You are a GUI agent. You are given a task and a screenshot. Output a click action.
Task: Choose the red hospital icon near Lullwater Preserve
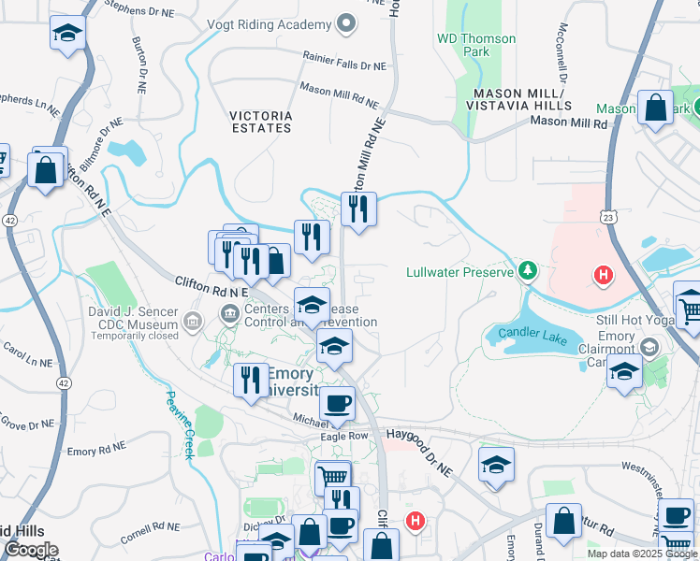coord(605,275)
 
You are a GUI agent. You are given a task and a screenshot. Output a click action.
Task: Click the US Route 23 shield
coord(609,216)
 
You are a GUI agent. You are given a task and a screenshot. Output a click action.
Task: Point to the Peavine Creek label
coord(180,424)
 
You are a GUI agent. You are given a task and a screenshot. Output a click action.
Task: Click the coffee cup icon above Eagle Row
coord(337,404)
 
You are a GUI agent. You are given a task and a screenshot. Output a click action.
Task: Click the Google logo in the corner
coord(31,550)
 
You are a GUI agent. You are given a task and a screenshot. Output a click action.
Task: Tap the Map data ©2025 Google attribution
coord(641,554)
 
